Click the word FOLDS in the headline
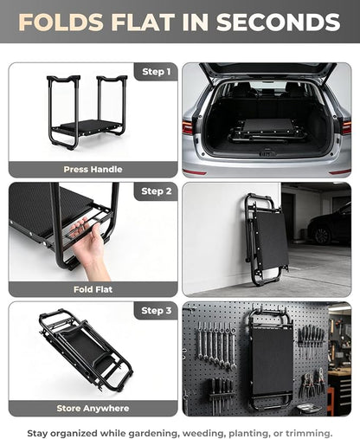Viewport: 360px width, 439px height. click(x=61, y=23)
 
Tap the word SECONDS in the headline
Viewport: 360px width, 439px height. click(x=278, y=23)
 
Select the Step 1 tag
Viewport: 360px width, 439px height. click(x=157, y=72)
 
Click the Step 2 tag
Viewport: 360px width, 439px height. click(x=157, y=191)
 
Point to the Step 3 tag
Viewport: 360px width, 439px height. click(x=157, y=311)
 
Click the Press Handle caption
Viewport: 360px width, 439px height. click(x=93, y=170)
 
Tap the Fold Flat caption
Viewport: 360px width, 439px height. click(x=93, y=289)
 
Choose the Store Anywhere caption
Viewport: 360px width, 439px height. click(x=93, y=409)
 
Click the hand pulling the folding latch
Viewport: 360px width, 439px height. click(x=88, y=249)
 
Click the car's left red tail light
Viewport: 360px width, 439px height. click(x=188, y=127)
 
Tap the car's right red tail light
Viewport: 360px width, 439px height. click(x=346, y=128)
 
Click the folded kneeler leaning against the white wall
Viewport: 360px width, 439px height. click(x=266, y=239)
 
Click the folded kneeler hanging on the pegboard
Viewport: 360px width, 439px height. click(x=271, y=358)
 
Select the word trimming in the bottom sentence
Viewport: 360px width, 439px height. click(x=309, y=433)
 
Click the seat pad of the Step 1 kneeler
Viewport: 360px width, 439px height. click(x=91, y=126)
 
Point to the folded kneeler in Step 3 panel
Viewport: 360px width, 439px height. click(x=86, y=350)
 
